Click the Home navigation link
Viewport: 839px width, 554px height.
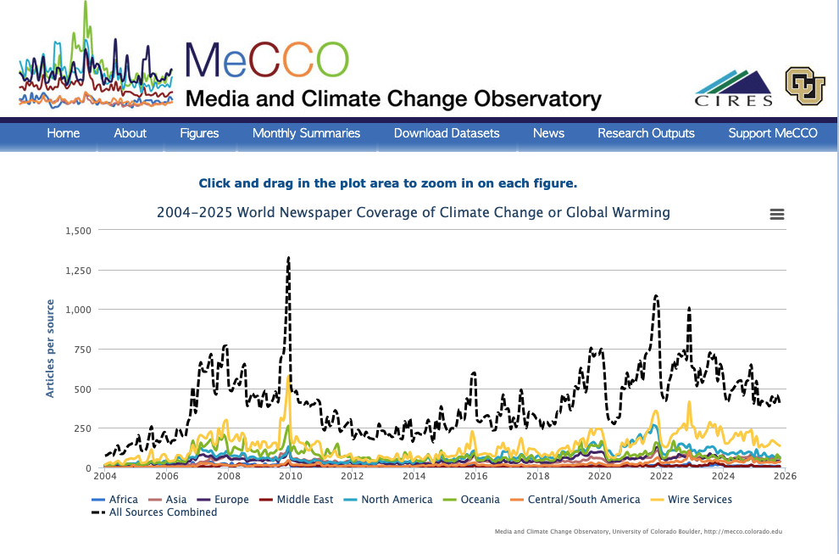point(64,133)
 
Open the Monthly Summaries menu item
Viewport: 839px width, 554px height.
point(306,133)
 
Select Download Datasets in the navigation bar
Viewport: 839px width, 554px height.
point(447,133)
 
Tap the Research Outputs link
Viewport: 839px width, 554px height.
point(646,133)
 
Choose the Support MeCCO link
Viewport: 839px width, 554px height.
point(773,133)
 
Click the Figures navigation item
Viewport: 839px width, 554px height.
point(199,133)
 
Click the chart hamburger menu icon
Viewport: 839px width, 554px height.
point(777,215)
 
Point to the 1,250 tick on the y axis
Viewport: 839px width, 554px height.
point(81,271)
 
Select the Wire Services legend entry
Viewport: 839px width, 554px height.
point(699,500)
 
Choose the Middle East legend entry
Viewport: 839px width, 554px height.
point(304,500)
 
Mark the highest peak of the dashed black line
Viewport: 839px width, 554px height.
point(288,257)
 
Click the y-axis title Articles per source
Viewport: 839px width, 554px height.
point(50,349)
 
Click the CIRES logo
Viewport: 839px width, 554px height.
point(734,89)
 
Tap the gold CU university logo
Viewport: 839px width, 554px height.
point(804,86)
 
